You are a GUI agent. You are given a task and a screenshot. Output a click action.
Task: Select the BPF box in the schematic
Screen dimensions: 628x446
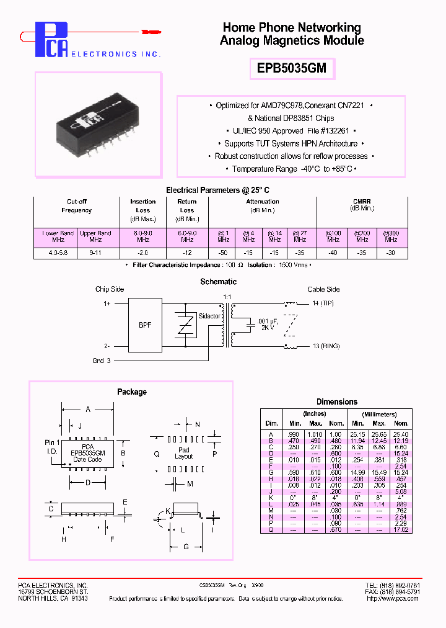[x=144, y=325]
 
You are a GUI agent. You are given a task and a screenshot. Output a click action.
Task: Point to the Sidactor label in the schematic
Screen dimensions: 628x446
[x=209, y=316]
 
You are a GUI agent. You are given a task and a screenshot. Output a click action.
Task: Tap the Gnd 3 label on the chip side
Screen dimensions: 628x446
[x=101, y=361]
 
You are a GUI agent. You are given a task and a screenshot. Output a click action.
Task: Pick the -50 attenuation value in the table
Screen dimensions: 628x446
[x=222, y=253]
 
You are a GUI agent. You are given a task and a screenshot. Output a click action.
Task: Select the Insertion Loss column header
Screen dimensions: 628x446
[x=143, y=205]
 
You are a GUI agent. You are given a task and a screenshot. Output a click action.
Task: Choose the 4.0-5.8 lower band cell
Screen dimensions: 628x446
[x=58, y=253]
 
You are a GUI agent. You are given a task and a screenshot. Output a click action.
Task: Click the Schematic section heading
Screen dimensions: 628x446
[x=218, y=282]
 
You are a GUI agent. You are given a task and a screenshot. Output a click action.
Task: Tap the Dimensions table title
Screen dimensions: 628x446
[x=336, y=401]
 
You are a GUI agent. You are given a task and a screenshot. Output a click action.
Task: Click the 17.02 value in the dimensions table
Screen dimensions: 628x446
[x=401, y=529]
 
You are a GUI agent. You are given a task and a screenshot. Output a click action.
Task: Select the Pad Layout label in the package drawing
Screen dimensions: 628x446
[x=184, y=453]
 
